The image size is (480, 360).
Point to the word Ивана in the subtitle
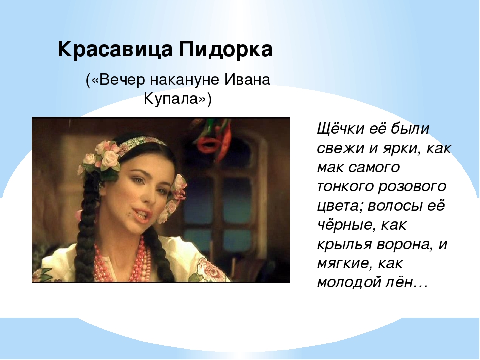click(x=247, y=80)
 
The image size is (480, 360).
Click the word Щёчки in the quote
click(x=340, y=129)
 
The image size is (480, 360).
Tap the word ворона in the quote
click(x=404, y=244)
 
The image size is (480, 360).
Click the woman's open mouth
click(x=142, y=214)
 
